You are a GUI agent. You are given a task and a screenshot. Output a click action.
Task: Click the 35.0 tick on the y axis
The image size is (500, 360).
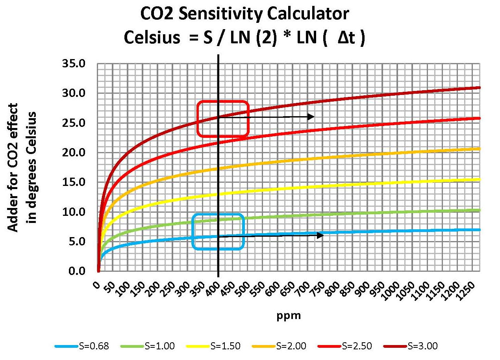[74, 64]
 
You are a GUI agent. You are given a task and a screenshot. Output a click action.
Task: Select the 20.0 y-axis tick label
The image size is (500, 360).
[74, 153]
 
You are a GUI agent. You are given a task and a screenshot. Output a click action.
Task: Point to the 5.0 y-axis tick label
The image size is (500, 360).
[77, 241]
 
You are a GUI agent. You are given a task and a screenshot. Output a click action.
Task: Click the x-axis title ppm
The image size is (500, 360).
[289, 316]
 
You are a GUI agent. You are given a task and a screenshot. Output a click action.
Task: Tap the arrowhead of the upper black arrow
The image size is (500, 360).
[311, 117]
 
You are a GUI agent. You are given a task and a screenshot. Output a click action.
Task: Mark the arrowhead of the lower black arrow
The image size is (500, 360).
[321, 235]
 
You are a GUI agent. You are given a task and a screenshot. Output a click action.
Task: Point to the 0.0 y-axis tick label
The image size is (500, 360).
[77, 271]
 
